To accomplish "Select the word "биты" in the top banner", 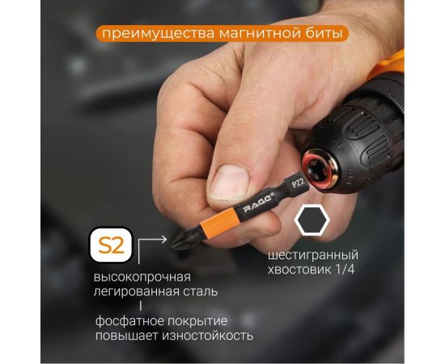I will [x=323, y=34].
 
